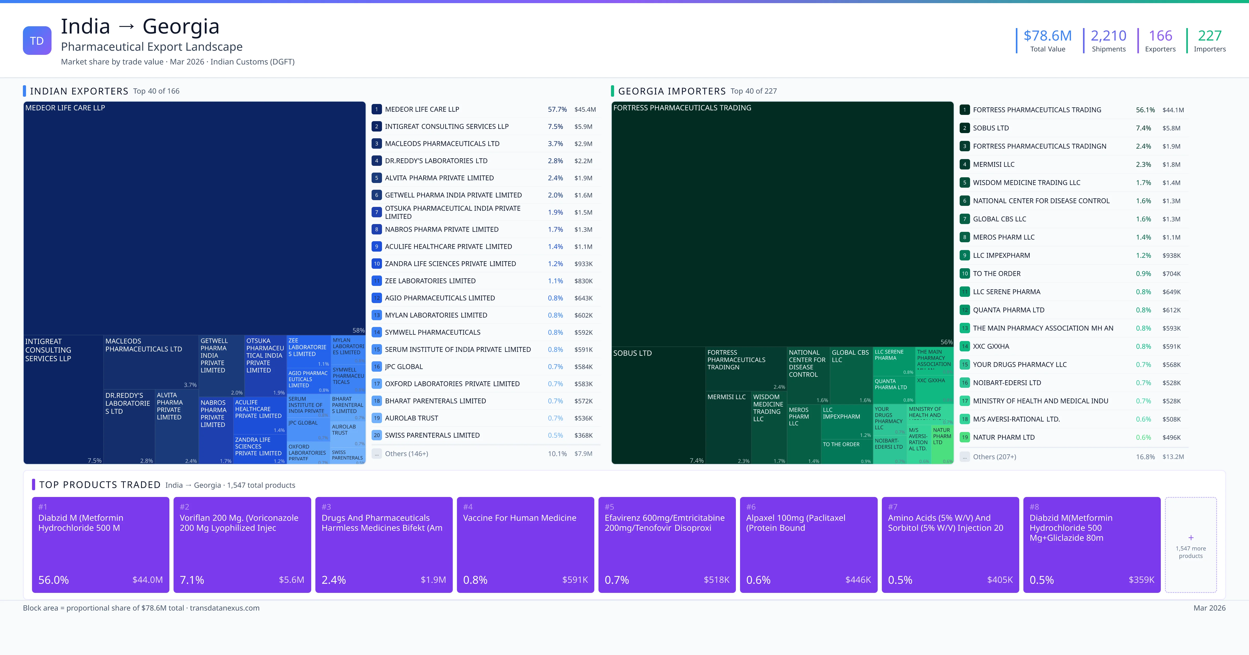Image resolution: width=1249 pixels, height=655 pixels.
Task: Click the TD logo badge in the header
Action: pyautogui.click(x=37, y=41)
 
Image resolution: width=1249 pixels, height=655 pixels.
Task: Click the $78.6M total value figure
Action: pyautogui.click(x=1047, y=36)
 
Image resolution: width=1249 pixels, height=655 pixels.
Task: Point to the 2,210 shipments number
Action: pyautogui.click(x=1108, y=36)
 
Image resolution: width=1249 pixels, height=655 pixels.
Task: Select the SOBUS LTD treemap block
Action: pyautogui.click(x=658, y=404)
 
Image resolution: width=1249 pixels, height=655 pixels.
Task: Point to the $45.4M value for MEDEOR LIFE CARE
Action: pyautogui.click(x=585, y=109)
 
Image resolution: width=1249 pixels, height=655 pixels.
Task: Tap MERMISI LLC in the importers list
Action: pyautogui.click(x=993, y=164)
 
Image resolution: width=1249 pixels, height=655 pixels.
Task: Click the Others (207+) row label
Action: pyautogui.click(x=994, y=457)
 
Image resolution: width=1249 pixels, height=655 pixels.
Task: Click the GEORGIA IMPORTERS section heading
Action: pyautogui.click(x=672, y=91)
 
